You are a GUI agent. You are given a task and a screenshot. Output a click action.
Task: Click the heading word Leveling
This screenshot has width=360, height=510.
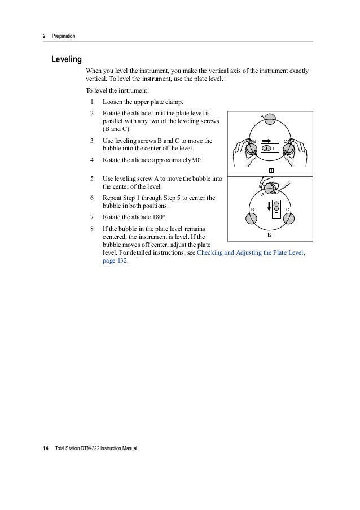[x=67, y=59]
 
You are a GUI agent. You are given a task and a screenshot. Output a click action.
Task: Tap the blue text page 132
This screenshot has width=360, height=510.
[x=115, y=262]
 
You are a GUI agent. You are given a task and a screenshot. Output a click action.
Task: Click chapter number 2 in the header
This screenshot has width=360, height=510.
[x=45, y=37]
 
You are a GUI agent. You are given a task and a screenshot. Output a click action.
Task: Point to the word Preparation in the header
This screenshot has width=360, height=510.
[x=63, y=37]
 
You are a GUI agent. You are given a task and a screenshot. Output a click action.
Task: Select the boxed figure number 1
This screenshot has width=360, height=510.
[x=271, y=171]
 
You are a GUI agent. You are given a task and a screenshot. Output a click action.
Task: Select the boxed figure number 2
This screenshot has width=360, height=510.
[x=271, y=234]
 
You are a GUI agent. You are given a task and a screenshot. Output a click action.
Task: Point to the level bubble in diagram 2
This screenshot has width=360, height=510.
[x=276, y=206]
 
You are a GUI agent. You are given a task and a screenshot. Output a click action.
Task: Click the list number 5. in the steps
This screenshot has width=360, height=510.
[x=92, y=178]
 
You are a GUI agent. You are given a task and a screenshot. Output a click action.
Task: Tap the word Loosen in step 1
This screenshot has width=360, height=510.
[x=113, y=102]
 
